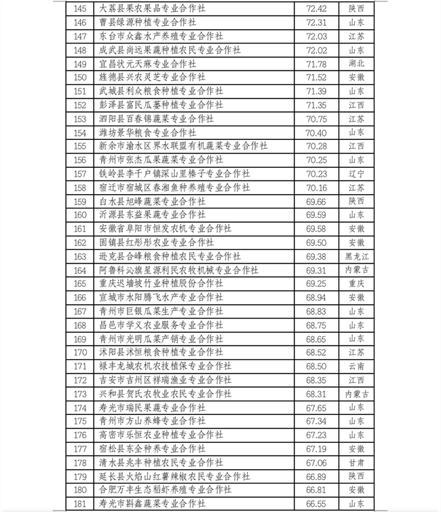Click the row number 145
pos(80,9)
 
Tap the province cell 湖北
pos(356,64)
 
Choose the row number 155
pos(80,146)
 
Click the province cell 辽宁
pos(356,173)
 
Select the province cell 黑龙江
pos(356,256)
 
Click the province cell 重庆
pos(356,283)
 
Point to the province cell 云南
pos(356,366)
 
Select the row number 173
pos(80,393)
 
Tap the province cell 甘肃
pos(356,462)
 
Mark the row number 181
pos(80,503)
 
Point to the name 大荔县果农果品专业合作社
pos(152,9)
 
